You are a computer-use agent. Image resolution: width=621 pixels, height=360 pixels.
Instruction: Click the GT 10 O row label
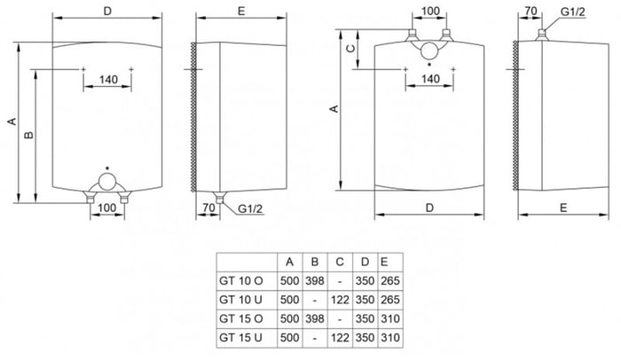coord(240,281)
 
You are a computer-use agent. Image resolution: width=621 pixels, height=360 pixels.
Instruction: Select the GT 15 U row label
coord(240,338)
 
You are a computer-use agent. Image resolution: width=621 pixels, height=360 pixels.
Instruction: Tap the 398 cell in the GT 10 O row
coord(315,281)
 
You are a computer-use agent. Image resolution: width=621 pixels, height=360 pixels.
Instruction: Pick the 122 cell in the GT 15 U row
coord(340,338)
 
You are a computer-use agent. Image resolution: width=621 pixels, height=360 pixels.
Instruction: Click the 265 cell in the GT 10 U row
coord(390,300)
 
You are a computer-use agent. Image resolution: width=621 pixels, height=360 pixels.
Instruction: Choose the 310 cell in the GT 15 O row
coord(390,318)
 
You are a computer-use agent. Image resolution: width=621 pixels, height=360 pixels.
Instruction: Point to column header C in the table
coord(340,262)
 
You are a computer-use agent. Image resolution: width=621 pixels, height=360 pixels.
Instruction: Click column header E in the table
coord(384,262)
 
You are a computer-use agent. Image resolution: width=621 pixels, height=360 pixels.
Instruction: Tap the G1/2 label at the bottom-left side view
coord(250,208)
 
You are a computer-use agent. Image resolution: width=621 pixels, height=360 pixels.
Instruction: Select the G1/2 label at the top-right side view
coord(573,12)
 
